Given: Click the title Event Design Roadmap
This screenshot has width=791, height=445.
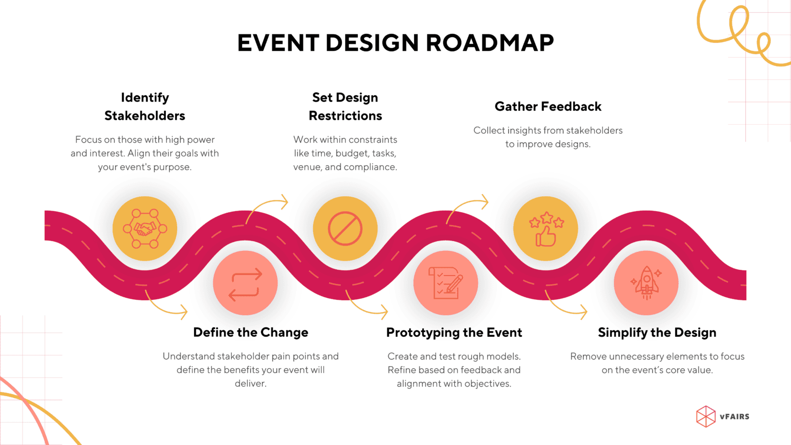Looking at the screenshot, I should tap(395, 43).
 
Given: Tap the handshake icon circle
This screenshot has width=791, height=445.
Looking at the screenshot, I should tap(145, 229).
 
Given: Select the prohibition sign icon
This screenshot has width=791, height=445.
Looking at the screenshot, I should tap(345, 229).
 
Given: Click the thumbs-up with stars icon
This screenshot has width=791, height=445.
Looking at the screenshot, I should tap(546, 229).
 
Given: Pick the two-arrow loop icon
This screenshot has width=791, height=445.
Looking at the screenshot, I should tap(245, 283).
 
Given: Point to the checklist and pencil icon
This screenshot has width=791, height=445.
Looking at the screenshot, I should tap(446, 283).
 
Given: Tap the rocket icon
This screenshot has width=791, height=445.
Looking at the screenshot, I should tap(646, 283).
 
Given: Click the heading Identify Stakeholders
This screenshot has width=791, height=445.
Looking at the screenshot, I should tap(145, 107).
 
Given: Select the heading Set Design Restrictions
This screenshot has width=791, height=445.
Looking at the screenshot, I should tap(345, 107).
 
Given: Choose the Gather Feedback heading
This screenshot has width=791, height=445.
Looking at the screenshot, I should tap(548, 107).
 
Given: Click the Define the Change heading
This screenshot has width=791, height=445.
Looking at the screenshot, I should tap(251, 333).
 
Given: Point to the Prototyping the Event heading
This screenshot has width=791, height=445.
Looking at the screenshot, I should tap(454, 333).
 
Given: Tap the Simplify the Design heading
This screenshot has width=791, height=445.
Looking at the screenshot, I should tap(657, 333).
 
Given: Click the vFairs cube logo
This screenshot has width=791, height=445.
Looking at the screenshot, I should tap(706, 417).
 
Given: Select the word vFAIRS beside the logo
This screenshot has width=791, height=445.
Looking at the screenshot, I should tap(735, 417).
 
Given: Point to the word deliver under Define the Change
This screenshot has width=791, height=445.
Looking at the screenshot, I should tap(250, 384).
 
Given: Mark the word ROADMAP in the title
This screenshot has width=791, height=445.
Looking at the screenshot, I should tap(490, 43).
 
